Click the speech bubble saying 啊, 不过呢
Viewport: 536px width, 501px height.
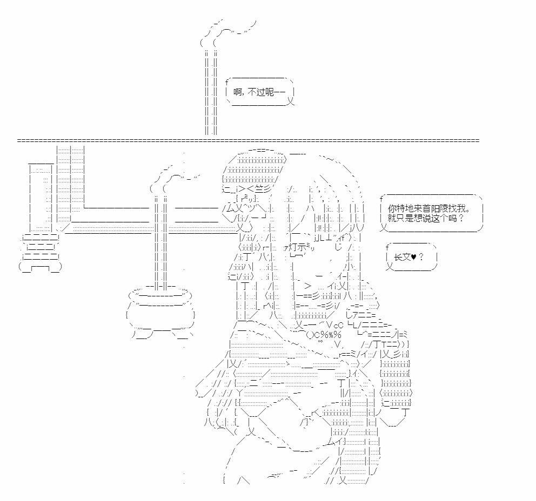coord(259,92)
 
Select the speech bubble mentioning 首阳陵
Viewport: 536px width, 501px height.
coord(431,213)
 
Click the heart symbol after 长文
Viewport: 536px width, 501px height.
coord(413,257)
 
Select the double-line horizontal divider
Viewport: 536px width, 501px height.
coord(248,140)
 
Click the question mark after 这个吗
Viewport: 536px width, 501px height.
coord(461,218)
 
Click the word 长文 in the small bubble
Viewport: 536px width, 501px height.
coord(402,257)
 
